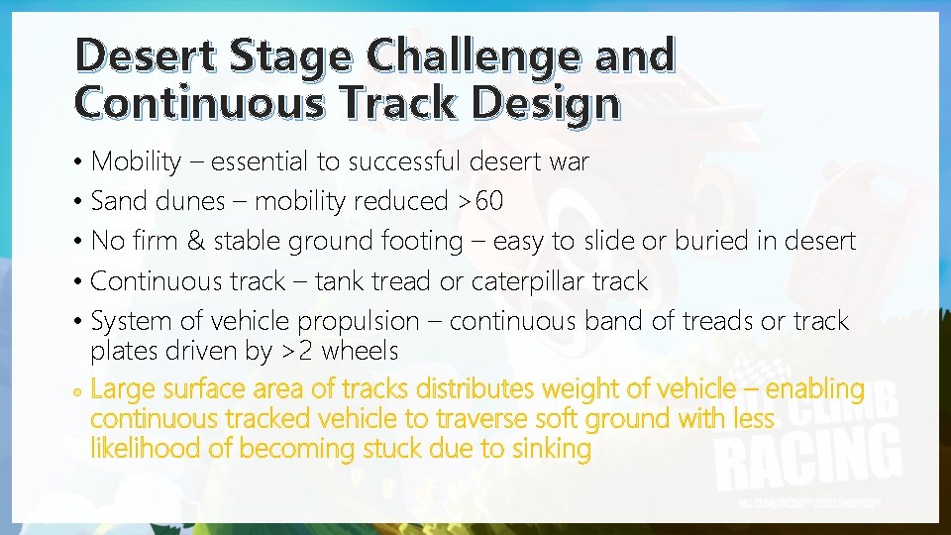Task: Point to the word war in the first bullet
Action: pyautogui.click(x=568, y=161)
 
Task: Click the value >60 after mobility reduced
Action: pyautogui.click(x=479, y=201)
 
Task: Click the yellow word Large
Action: pyautogui.click(x=123, y=389)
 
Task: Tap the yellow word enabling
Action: pyautogui.click(x=815, y=389)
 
